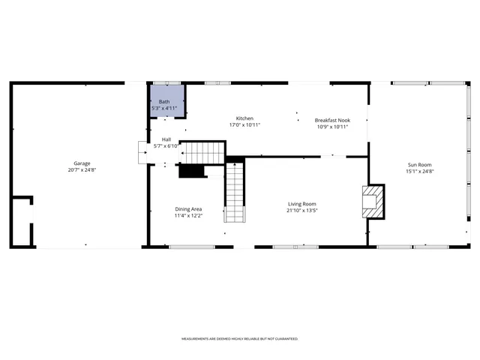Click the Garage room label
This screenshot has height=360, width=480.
[x=82, y=163]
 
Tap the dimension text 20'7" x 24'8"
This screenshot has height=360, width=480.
[x=82, y=170]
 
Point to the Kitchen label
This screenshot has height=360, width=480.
[x=244, y=118]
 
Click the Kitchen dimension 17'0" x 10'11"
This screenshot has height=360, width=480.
[x=244, y=125]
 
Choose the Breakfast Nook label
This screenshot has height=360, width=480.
[x=332, y=120]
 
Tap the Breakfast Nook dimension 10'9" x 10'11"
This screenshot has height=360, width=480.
[x=332, y=127]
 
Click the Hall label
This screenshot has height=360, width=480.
[x=166, y=139]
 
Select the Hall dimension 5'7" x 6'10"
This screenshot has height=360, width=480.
[x=166, y=146]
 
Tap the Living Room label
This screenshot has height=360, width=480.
[x=302, y=204]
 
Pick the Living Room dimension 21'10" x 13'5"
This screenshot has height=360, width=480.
[x=302, y=211]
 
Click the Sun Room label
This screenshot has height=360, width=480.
[x=419, y=164]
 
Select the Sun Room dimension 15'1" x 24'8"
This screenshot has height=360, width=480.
[x=419, y=172]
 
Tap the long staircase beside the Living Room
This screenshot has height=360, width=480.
[x=235, y=193]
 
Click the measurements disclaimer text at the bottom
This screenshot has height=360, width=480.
[x=240, y=339]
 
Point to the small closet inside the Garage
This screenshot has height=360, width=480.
[x=22, y=222]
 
